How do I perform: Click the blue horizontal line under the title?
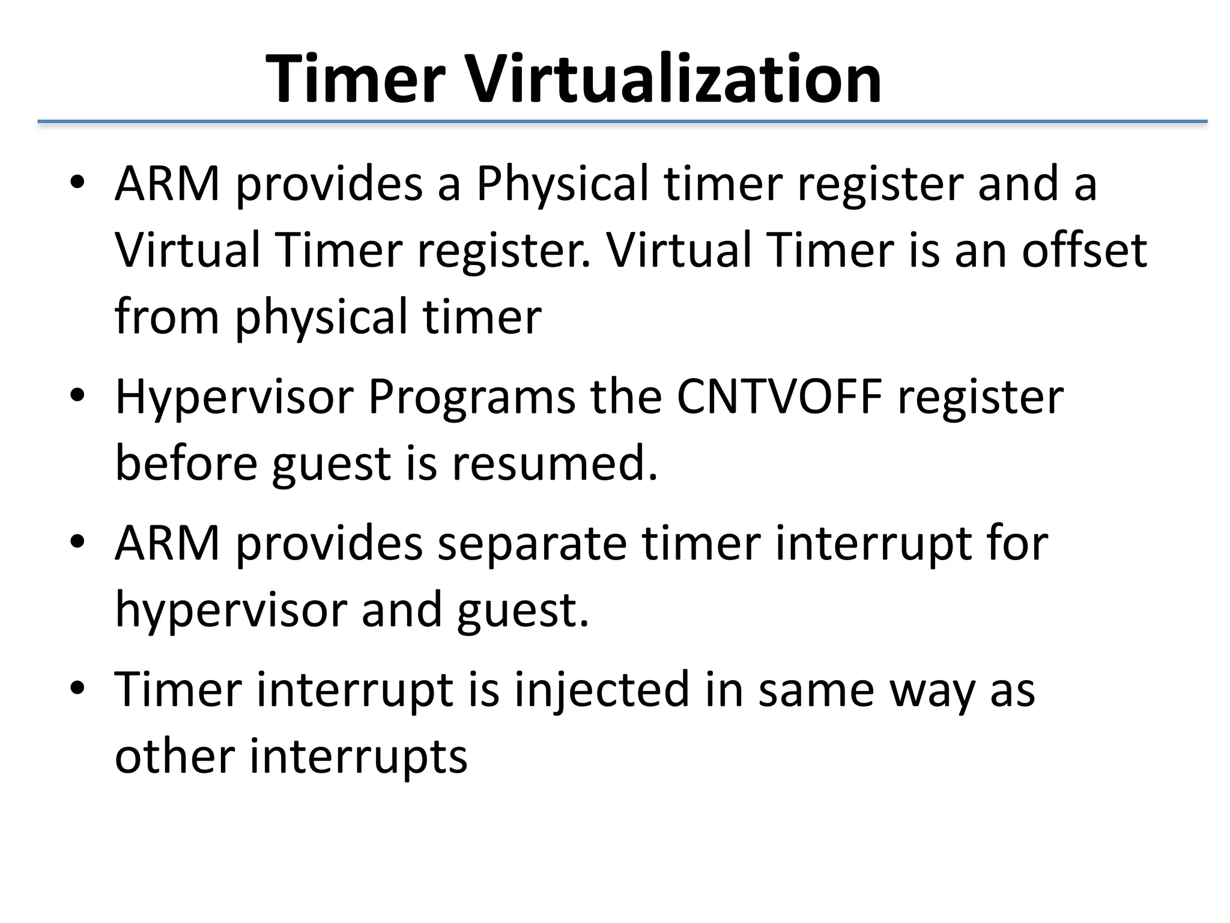pyautogui.click(x=622, y=122)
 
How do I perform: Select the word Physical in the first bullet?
pyautogui.click(x=562, y=184)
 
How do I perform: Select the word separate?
pyautogui.click(x=532, y=544)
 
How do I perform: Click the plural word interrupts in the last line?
pyautogui.click(x=358, y=757)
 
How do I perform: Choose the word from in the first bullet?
pyautogui.click(x=167, y=317)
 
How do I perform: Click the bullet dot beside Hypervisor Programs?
pyautogui.click(x=77, y=398)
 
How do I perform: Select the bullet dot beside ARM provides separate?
pyautogui.click(x=77, y=543)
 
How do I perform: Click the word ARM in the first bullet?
pyautogui.click(x=168, y=184)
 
